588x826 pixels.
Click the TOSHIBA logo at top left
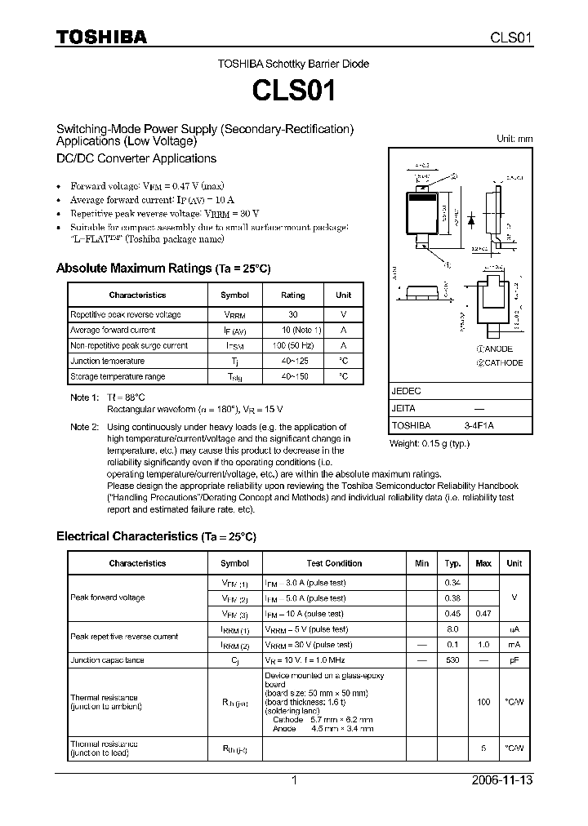tap(100, 36)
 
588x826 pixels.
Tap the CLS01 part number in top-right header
tap(511, 37)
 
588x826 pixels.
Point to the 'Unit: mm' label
tap(514, 139)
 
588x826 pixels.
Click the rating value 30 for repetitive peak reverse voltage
tap(292, 314)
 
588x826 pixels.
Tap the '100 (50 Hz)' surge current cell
tap(292, 345)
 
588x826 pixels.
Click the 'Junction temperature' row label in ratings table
tap(107, 361)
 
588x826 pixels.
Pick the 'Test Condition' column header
tap(334, 563)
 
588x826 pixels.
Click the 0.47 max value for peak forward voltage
tap(483, 613)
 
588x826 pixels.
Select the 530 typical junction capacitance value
tap(452, 659)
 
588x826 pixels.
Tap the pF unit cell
tap(514, 659)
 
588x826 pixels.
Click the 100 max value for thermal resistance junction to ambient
tap(483, 701)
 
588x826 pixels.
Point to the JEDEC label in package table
tap(406, 391)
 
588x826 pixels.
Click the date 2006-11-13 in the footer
tap(502, 780)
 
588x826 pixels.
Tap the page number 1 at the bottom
tap(294, 780)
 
